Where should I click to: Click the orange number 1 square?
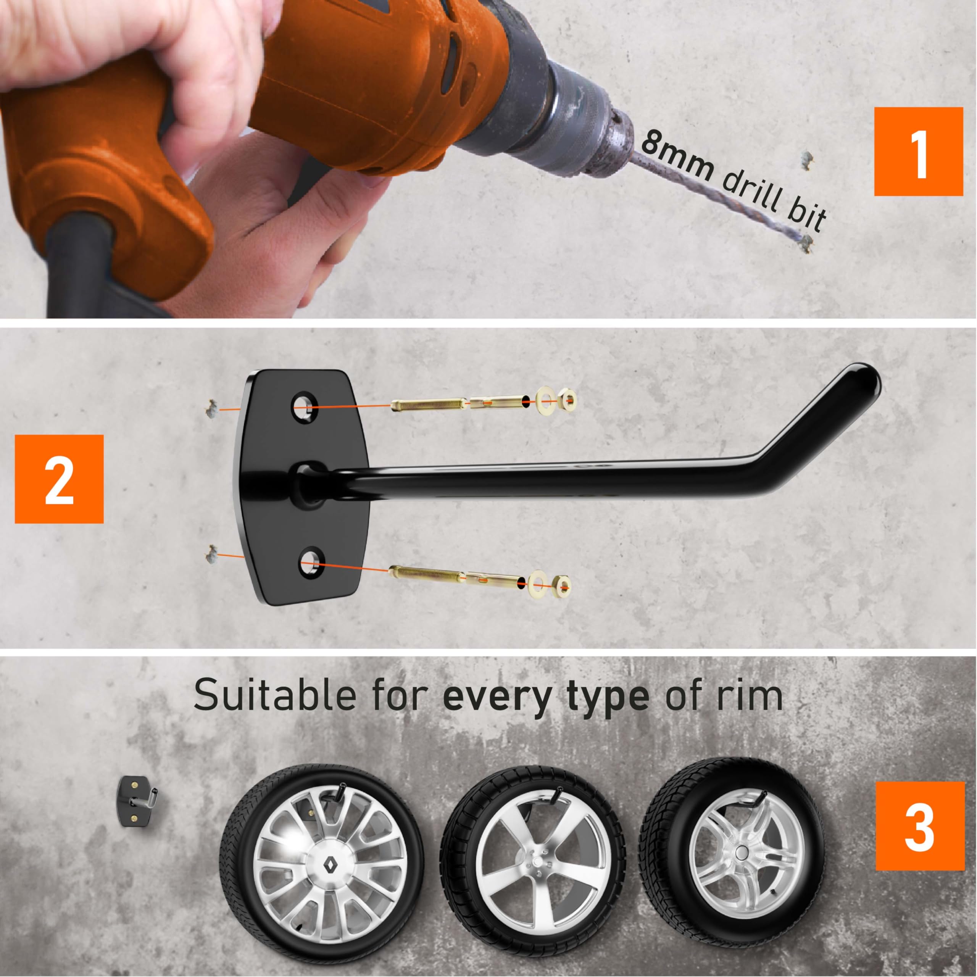(918, 152)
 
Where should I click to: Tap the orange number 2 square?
(59, 479)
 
